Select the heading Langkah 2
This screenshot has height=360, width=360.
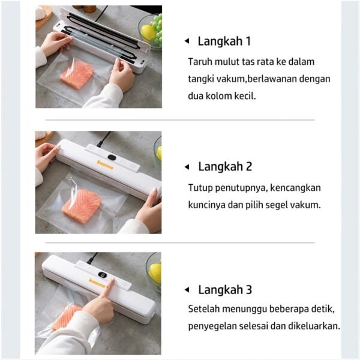pos(225,166)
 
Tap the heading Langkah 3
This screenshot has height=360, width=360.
pos(225,290)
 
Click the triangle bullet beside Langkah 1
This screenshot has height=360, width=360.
pos(187,41)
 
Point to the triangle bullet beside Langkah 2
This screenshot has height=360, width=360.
pos(187,167)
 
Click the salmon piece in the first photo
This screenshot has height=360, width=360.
pos(77,74)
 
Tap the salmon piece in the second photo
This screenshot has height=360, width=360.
pos(81,203)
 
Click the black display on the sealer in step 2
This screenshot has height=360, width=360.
pos(112,158)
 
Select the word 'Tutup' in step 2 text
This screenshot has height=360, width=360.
pos(200,187)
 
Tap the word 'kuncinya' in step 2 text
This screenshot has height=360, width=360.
pos(206,204)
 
